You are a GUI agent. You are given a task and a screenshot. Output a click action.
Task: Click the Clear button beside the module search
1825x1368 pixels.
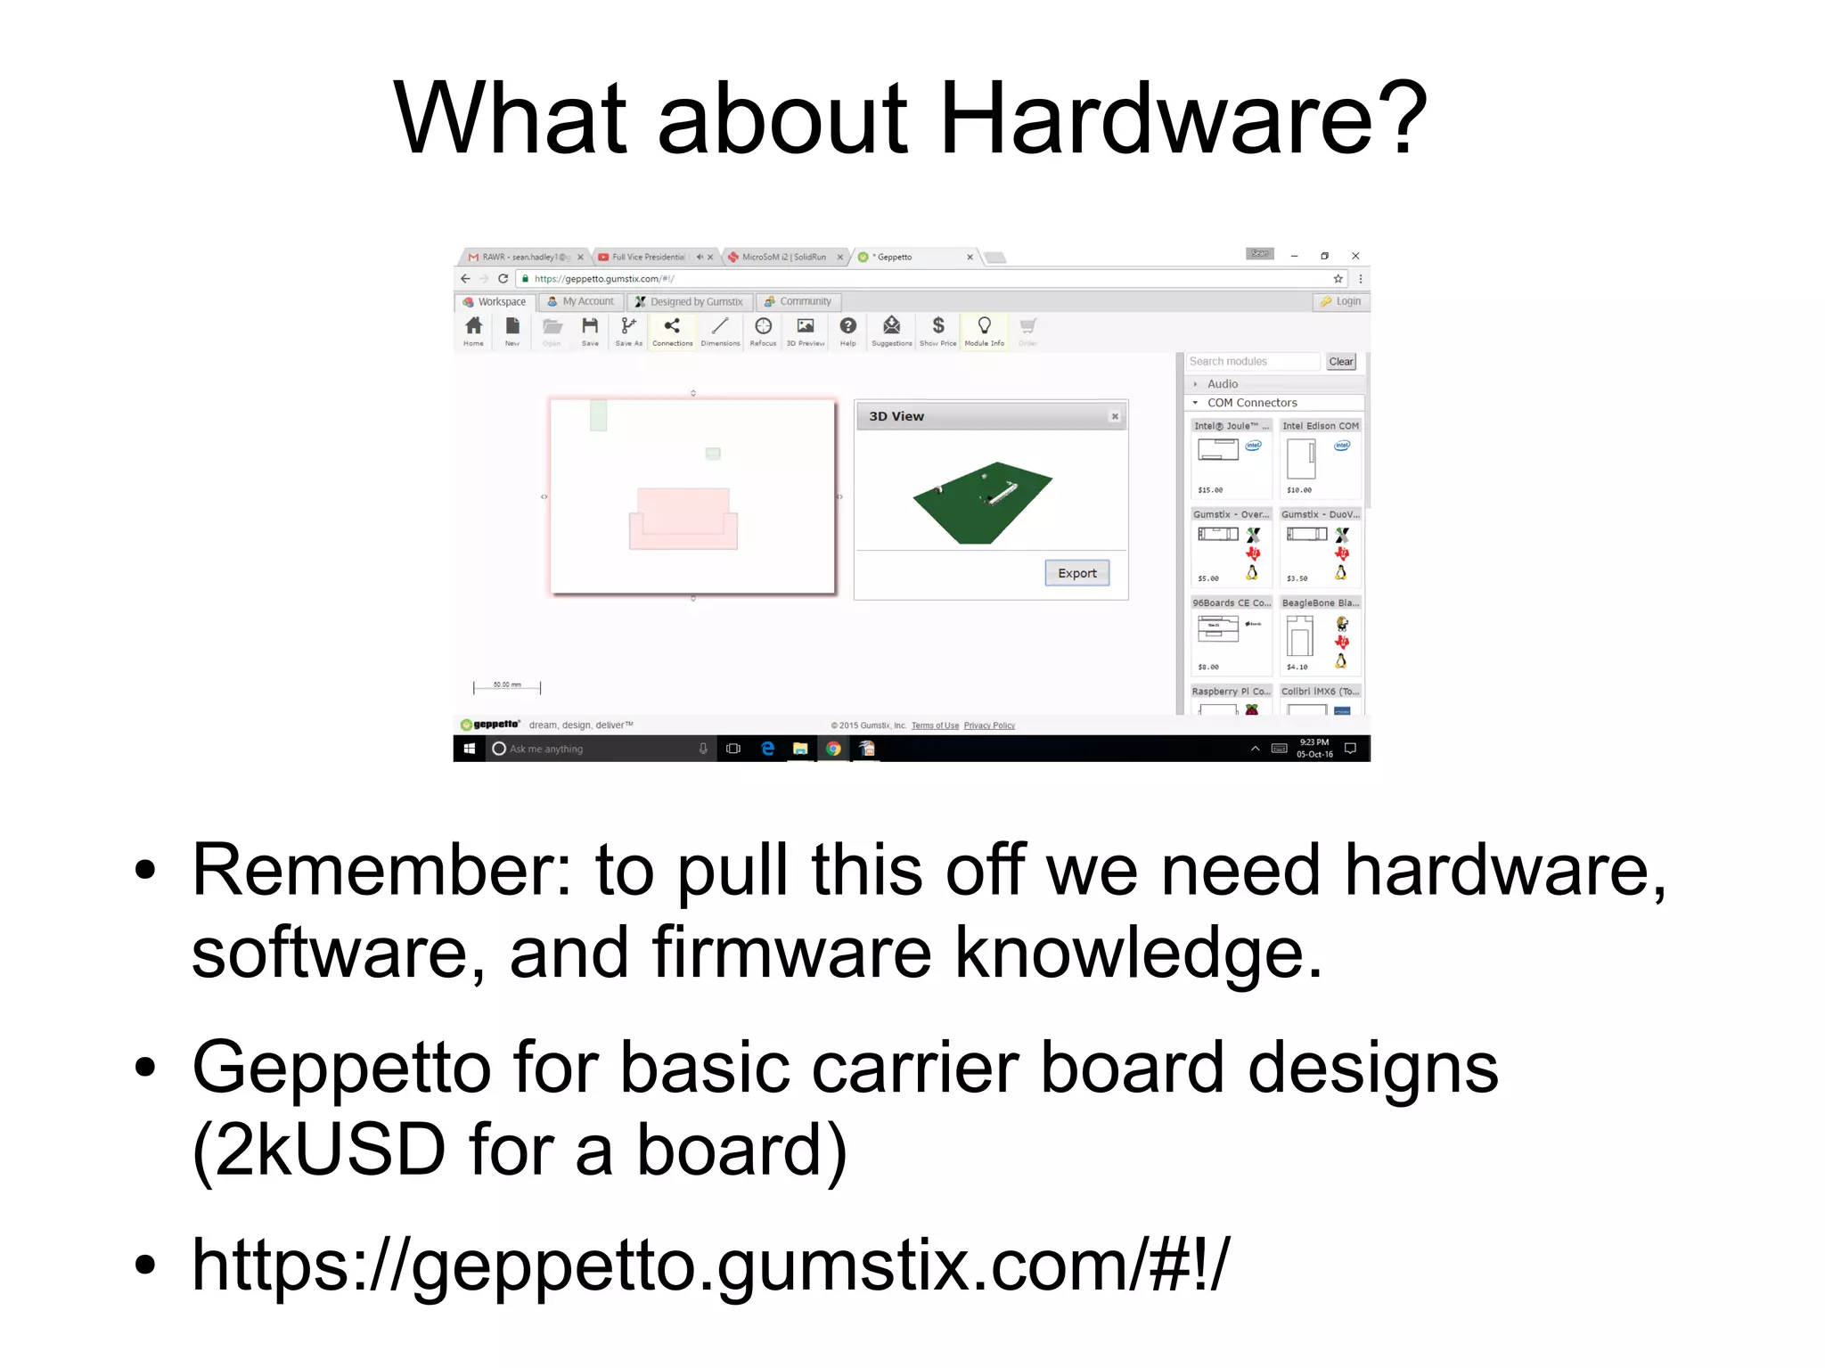[1340, 362]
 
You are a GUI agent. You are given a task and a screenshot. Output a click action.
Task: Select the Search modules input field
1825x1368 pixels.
[1252, 362]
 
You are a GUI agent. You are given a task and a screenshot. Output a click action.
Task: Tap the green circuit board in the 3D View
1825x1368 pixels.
[981, 503]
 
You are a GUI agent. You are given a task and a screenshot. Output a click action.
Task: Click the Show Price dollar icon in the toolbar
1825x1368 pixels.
[937, 327]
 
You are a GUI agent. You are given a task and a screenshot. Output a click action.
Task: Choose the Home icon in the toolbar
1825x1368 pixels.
[473, 327]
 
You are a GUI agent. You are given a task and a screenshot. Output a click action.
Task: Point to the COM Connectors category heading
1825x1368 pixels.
[1251, 403]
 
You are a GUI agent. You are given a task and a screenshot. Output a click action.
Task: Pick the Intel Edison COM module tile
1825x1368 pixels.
[1320, 459]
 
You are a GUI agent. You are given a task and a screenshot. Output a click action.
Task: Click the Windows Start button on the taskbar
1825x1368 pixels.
[469, 749]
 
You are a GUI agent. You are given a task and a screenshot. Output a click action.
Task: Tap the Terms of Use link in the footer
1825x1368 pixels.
[935, 725]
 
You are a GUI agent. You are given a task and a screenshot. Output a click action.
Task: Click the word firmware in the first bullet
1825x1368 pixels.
[791, 953]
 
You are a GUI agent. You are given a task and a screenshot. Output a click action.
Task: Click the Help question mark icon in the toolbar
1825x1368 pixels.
[847, 327]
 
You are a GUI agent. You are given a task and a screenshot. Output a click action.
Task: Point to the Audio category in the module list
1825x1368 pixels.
[1222, 384]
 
